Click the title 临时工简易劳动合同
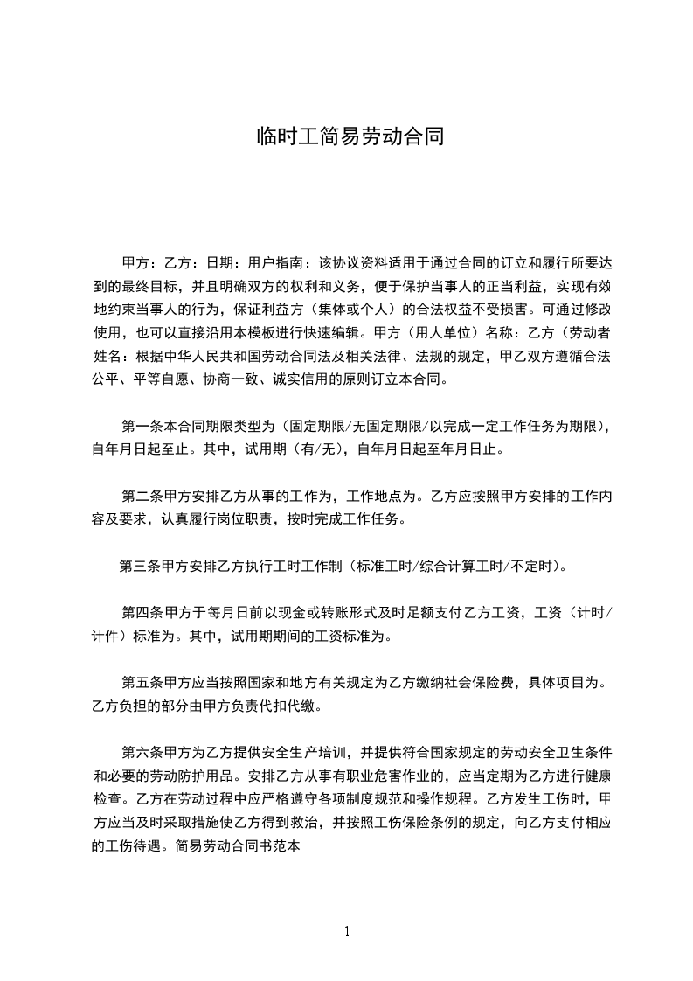point(346,137)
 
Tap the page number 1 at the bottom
point(347,932)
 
